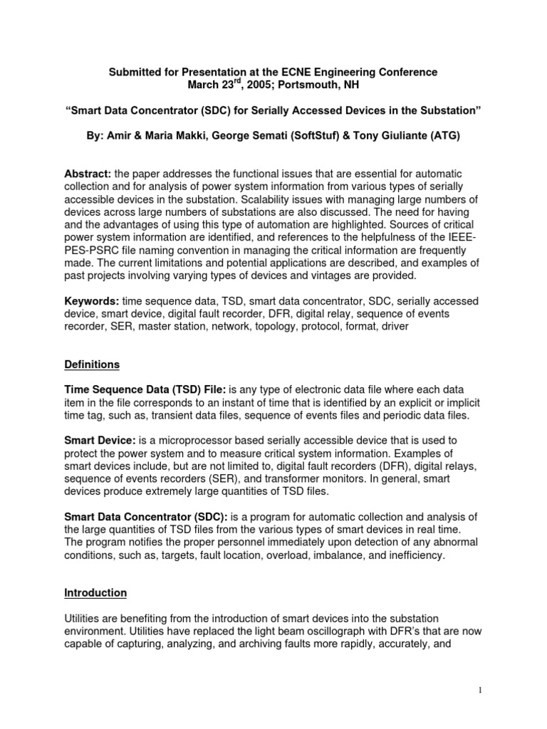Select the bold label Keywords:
[x=91, y=302]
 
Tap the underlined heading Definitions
[x=92, y=364]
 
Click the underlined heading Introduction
[x=95, y=592]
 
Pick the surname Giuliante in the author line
[x=385, y=136]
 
